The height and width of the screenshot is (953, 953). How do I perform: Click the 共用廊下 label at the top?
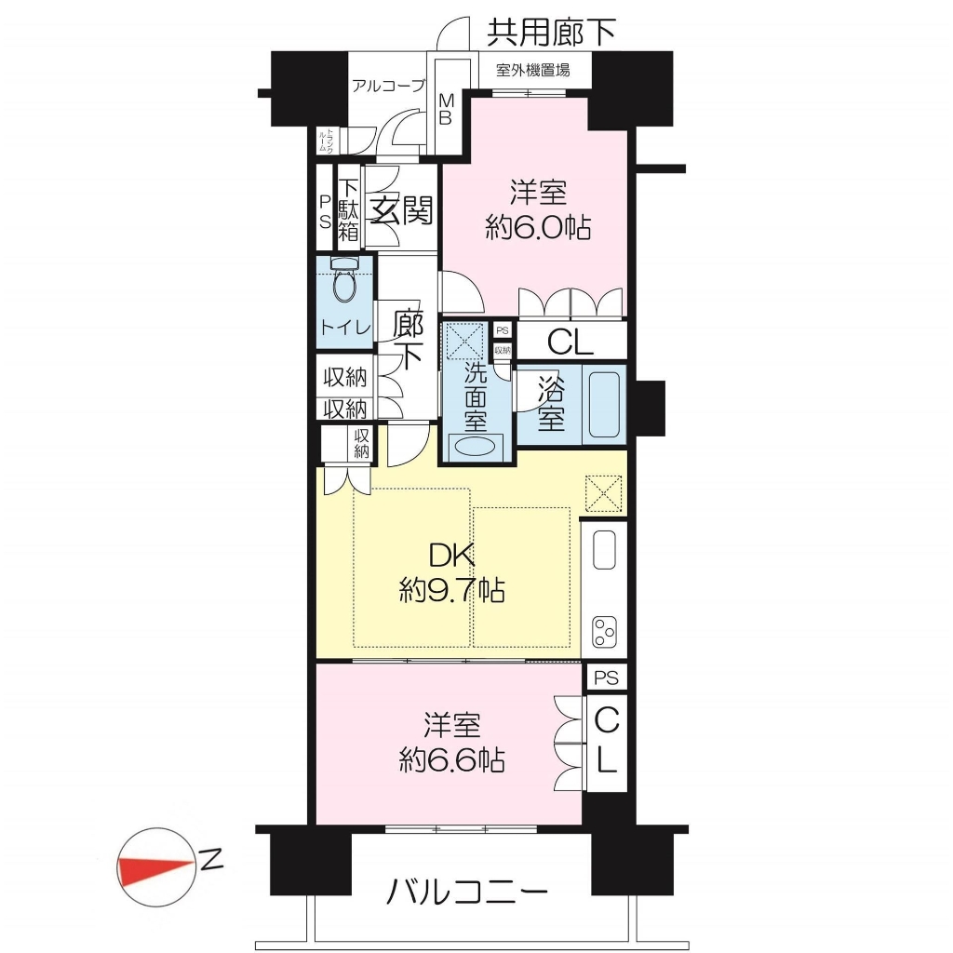click(x=551, y=33)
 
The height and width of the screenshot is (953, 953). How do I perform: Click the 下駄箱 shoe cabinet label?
click(x=349, y=210)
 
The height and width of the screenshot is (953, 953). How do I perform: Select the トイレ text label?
click(x=345, y=328)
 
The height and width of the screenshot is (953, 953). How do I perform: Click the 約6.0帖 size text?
click(x=538, y=229)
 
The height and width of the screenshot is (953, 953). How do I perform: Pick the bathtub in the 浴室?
click(x=605, y=406)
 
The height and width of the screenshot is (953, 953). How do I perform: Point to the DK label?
click(x=451, y=556)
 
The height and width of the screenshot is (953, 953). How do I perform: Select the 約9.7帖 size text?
click(x=451, y=590)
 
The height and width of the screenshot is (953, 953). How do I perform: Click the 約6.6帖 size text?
click(x=451, y=760)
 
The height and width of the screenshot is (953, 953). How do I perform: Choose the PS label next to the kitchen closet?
click(x=605, y=678)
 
